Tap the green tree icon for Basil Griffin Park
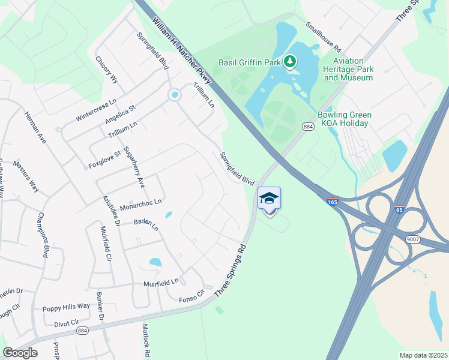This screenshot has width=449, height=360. pyautogui.click(x=291, y=61)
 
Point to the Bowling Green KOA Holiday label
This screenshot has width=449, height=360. pyautogui.click(x=345, y=119)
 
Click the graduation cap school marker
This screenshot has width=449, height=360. pyautogui.click(x=270, y=199)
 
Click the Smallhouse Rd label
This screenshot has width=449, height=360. pyautogui.click(x=323, y=37)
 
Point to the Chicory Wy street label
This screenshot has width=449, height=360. pyautogui.click(x=107, y=70)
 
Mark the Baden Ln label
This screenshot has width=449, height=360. pyautogui.click(x=145, y=226)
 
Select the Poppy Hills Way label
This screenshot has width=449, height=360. pyautogui.click(x=66, y=307)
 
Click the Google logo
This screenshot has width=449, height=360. pyautogui.click(x=20, y=353)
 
